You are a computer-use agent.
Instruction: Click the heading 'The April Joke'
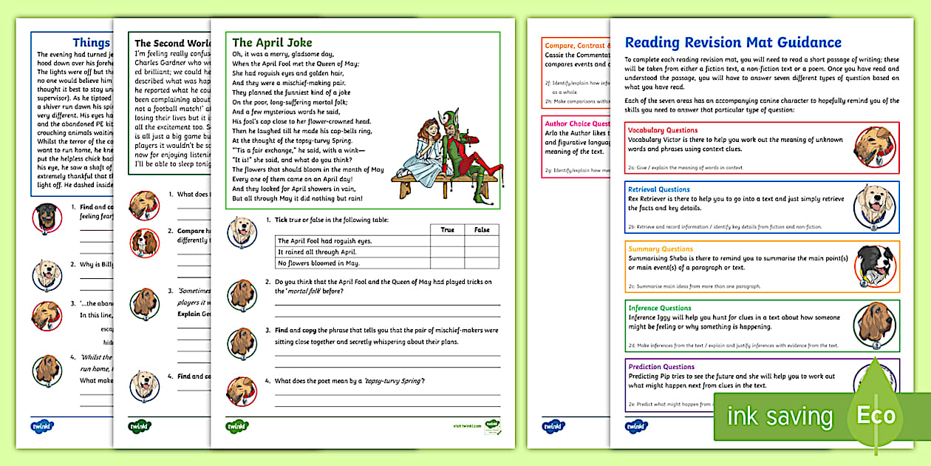272,42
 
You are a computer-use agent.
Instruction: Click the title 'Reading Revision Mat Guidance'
733,42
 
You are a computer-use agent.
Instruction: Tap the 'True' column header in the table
447,230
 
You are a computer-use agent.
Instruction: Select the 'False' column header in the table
482,230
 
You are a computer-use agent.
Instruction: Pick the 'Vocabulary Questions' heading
663,130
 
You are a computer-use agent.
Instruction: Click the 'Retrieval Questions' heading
659,189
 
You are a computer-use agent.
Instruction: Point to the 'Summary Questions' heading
661,249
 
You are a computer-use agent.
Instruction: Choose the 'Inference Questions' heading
660,308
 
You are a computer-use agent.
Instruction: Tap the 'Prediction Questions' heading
661,367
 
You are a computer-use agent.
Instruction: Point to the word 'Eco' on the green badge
876,415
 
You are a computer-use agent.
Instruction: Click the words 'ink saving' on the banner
780,416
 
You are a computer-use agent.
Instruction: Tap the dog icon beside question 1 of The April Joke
242,230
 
